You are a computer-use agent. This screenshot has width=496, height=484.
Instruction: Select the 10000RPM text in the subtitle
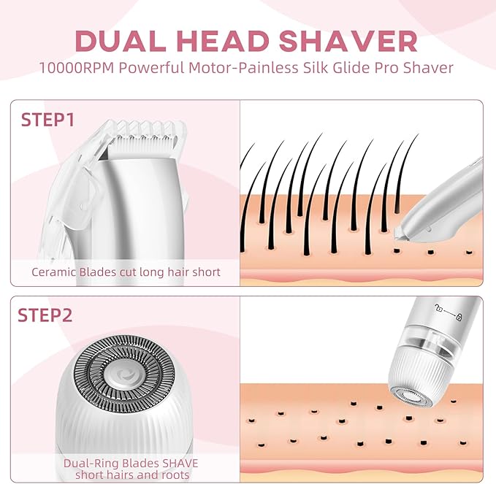(77, 68)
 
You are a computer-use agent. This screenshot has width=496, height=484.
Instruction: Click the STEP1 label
(48, 120)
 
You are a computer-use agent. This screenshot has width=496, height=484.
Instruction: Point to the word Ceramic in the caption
(56, 272)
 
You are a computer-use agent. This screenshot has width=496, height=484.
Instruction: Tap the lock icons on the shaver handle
(447, 315)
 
